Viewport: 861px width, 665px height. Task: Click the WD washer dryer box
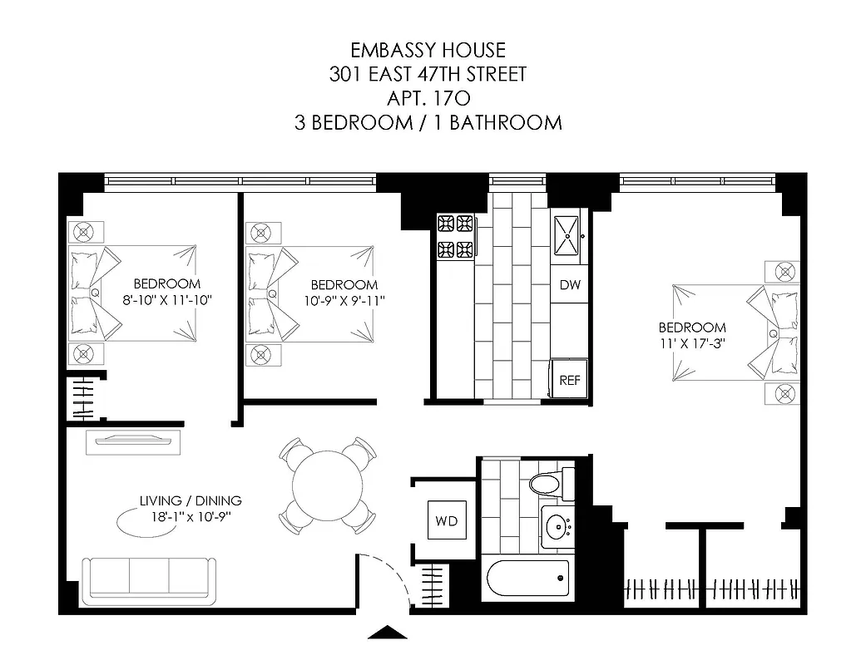445,521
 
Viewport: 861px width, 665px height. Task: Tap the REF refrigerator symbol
569,379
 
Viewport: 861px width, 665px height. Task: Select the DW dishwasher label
569,285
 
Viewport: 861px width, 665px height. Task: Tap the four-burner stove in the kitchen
455,236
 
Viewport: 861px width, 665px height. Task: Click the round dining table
325,485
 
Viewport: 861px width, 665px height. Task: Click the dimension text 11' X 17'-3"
692,342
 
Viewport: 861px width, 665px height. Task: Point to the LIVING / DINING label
191,500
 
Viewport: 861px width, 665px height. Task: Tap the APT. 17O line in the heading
428,98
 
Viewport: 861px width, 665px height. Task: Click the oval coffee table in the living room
138,524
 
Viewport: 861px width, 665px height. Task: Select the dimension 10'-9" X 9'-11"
344,300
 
